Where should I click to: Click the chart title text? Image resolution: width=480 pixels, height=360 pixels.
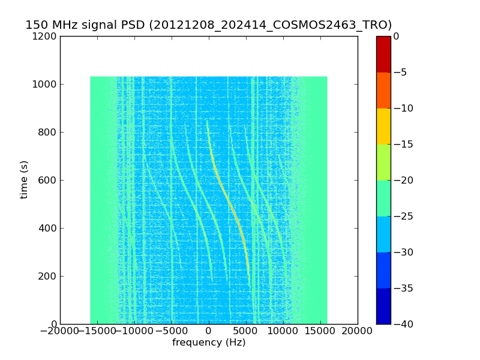tap(208, 25)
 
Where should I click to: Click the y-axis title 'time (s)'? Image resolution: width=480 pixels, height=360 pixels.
tap(24, 179)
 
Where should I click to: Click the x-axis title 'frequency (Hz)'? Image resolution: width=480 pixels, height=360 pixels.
tap(209, 343)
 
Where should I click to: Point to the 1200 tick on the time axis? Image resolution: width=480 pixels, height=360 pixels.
tap(46, 36)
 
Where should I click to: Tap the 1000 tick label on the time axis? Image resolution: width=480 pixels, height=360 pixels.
tap(46, 84)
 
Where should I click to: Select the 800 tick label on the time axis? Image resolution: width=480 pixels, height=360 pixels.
tap(48, 132)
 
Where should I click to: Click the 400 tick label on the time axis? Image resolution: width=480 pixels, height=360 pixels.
tap(48, 228)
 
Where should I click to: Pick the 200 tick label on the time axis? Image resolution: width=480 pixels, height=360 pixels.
tap(48, 276)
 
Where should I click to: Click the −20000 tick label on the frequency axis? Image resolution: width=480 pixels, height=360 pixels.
tap(60, 331)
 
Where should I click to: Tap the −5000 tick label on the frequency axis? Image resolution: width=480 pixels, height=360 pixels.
tap(172, 331)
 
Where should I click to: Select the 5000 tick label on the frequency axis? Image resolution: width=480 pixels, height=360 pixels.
tap(246, 331)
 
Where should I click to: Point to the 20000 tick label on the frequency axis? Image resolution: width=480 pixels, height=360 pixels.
tap(358, 331)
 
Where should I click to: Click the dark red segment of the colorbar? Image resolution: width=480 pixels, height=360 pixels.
tap(383, 54)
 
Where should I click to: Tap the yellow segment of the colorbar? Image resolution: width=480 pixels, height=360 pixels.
tap(383, 126)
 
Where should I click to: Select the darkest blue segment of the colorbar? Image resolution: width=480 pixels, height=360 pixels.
tap(383, 306)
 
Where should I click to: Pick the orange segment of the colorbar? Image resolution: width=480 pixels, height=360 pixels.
tap(383, 90)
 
